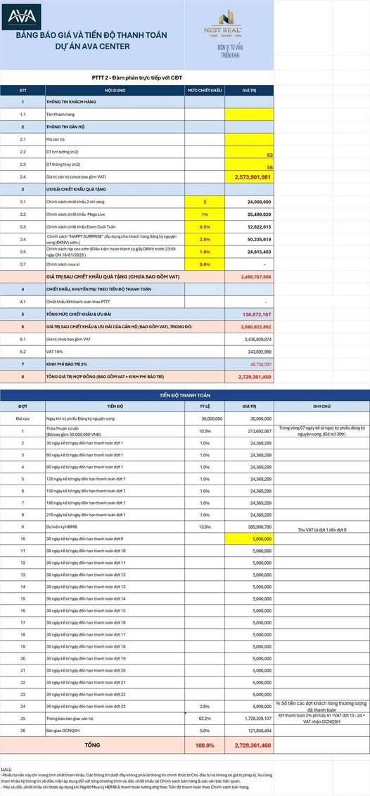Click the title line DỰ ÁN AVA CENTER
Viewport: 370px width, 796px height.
point(92,47)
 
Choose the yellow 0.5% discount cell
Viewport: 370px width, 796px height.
point(205,226)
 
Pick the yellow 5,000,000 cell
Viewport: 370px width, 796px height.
point(249,539)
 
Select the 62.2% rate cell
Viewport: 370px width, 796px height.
point(205,718)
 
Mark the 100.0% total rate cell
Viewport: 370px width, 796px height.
point(205,744)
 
